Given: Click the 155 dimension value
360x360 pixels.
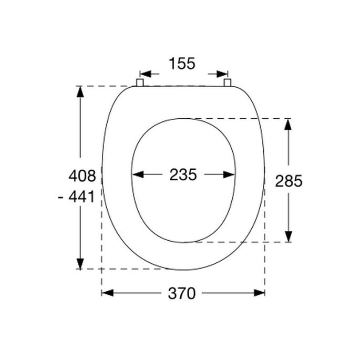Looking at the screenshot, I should (x=182, y=64).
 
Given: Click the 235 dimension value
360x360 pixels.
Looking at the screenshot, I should (x=182, y=175).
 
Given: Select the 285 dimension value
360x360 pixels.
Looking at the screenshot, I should (x=289, y=181).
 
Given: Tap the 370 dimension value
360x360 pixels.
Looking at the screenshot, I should (x=182, y=293).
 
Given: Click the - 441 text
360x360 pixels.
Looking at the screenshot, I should (x=77, y=197).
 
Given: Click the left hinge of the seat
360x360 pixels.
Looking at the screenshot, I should (x=140, y=83).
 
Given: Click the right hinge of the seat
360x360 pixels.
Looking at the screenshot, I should (x=228, y=83).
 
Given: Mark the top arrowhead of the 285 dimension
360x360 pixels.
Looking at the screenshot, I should (x=289, y=124).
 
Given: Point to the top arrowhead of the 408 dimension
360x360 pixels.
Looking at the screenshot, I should (x=80, y=92).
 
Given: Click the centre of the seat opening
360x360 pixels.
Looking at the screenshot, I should (x=183, y=180).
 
